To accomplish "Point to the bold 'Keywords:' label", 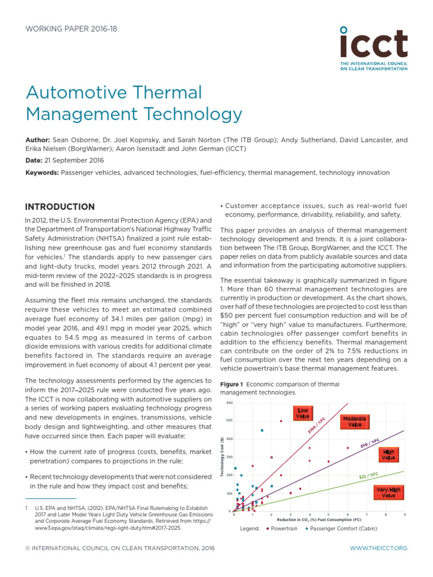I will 42,172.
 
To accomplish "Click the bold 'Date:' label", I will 35,161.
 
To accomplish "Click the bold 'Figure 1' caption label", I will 231,384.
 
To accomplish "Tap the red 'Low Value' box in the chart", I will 303,414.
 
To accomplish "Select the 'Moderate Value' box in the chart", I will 354,421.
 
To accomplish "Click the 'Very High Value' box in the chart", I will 388,492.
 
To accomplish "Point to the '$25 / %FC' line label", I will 369,476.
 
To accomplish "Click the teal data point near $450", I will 262,430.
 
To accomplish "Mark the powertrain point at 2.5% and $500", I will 281,421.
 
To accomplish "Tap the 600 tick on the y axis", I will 229,403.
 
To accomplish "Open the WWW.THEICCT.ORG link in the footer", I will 378,548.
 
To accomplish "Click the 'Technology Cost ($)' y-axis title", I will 222,457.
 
